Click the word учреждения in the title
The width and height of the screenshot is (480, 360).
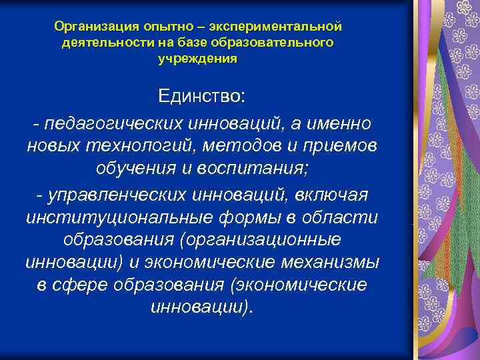197,59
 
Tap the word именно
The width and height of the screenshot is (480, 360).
336,124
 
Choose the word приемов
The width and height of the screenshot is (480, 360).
344,146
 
